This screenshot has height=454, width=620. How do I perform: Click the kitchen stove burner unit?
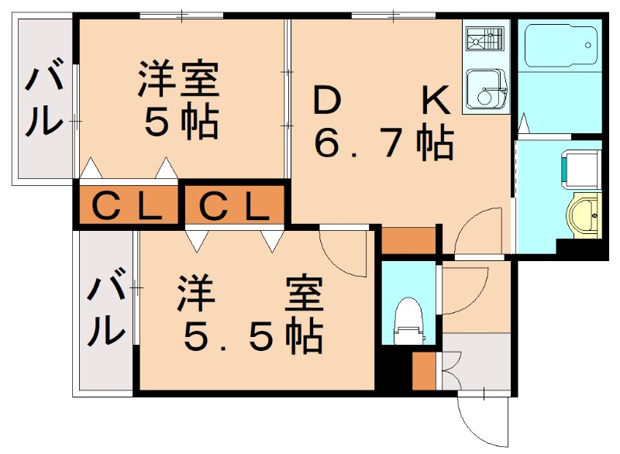[486, 40]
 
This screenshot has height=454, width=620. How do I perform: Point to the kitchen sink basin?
[486, 90]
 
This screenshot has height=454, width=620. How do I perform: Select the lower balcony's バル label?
[105, 310]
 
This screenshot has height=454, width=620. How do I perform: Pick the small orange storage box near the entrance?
[424, 370]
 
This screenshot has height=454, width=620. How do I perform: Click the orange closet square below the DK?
[409, 241]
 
